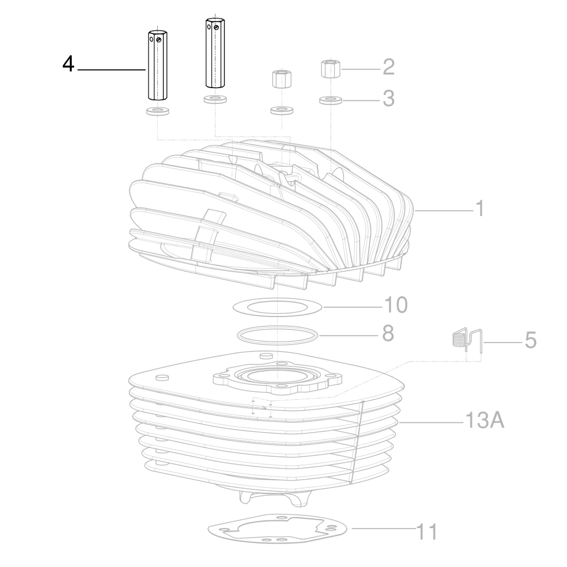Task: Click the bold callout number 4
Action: [69, 64]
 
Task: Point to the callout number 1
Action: [479, 208]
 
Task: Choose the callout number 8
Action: [387, 334]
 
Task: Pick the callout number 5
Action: [531, 340]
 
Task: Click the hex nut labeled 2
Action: [330, 69]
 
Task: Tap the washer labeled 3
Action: [330, 100]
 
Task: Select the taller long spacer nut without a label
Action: [215, 53]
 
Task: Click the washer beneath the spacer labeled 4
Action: [156, 112]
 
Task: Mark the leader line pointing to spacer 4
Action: [111, 70]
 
